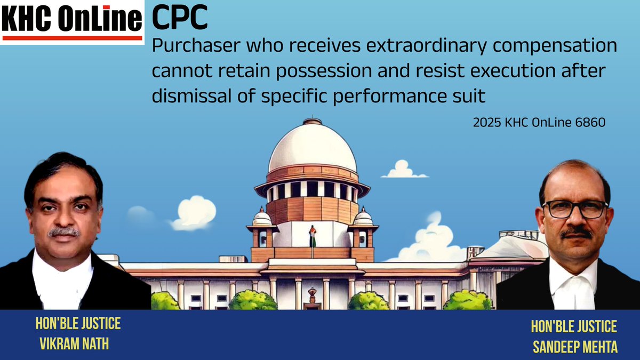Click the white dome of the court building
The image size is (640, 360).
click(312, 147)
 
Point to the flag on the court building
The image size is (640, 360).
click(313, 237)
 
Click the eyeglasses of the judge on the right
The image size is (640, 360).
click(574, 209)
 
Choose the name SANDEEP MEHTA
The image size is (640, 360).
click(575, 347)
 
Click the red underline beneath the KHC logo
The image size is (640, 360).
click(72, 38)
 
